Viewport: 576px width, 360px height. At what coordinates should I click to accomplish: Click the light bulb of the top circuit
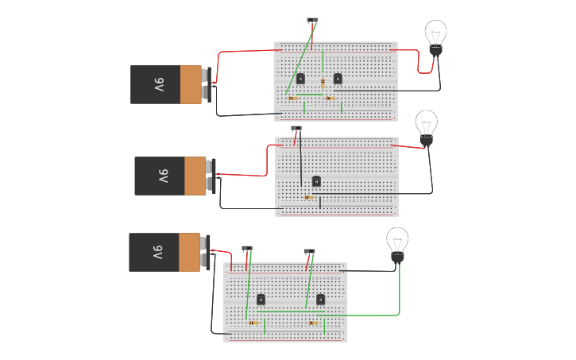(x=435, y=36)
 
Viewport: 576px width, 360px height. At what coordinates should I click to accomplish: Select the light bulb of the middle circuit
(x=426, y=126)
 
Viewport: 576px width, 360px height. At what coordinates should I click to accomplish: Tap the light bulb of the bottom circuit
(x=397, y=242)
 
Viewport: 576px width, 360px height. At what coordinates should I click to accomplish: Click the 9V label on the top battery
(x=159, y=84)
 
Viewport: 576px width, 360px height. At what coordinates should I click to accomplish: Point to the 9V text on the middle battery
(x=163, y=176)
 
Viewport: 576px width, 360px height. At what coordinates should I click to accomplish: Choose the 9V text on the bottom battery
(x=157, y=252)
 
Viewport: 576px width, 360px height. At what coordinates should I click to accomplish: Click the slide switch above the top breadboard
(x=312, y=21)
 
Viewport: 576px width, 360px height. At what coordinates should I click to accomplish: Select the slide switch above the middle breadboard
(x=296, y=128)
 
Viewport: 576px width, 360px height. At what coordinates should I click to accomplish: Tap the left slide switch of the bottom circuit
(x=247, y=248)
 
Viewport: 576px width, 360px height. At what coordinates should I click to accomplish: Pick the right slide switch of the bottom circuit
(x=309, y=251)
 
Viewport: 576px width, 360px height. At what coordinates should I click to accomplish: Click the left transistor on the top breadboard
(x=300, y=78)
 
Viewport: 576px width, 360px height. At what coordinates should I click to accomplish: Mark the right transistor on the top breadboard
(x=338, y=78)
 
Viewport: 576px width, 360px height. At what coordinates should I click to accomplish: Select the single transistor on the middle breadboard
(x=316, y=180)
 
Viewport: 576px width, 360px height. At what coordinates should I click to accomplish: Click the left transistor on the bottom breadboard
(x=261, y=299)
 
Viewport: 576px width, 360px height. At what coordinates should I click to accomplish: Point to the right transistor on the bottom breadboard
(x=320, y=299)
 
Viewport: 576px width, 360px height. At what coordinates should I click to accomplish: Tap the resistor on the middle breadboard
(x=309, y=197)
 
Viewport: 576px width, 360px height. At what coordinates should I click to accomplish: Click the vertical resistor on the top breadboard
(x=323, y=83)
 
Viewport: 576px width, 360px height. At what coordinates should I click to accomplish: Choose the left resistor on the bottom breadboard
(x=253, y=323)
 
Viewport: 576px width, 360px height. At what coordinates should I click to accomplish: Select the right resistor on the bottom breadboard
(x=313, y=323)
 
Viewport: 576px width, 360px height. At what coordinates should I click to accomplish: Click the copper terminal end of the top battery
(x=191, y=84)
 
